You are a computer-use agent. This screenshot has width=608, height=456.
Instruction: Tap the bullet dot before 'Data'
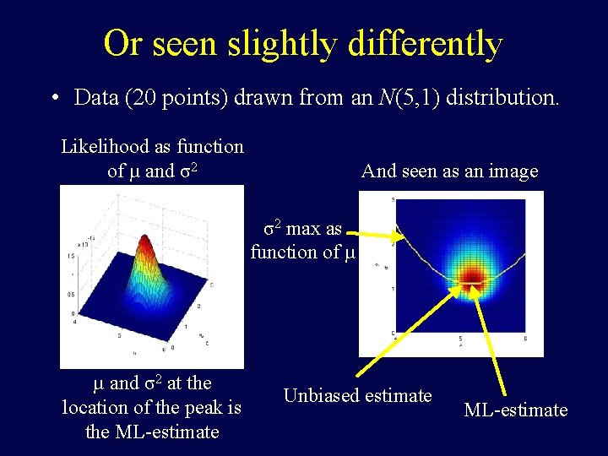coord(54,98)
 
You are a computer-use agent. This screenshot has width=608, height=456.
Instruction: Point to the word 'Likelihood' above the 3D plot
coord(106,147)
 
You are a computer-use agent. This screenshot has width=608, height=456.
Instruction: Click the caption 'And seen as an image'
coord(449,171)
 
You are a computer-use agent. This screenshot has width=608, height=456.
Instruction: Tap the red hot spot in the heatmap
coord(470,277)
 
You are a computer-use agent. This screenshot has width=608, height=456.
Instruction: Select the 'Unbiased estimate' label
coord(357,395)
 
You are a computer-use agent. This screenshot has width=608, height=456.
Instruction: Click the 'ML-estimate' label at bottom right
coord(515,410)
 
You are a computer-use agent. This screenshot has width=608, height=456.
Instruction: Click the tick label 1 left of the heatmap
coord(392,290)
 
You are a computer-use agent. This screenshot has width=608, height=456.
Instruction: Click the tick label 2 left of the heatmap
coord(392,245)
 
